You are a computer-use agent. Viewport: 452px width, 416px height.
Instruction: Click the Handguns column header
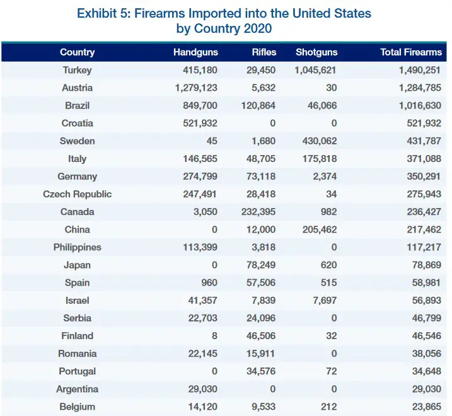point(195,52)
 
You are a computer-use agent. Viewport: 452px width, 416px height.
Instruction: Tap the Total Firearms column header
point(411,52)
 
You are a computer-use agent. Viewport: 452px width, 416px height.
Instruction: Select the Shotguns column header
point(316,52)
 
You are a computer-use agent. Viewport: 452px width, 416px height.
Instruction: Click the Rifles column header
point(264,52)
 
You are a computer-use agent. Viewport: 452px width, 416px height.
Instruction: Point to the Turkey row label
point(78,70)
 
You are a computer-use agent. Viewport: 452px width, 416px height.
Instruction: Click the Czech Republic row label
point(78,194)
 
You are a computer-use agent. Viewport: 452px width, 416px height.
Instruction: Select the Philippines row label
point(78,247)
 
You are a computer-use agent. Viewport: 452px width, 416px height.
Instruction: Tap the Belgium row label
point(78,407)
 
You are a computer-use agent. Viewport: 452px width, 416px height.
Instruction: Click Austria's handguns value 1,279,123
point(196,88)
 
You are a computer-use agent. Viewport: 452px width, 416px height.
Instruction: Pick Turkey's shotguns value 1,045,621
point(315,70)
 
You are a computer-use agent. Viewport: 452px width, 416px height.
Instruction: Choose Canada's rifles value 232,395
point(258,212)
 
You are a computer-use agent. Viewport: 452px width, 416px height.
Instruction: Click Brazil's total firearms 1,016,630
point(420,105)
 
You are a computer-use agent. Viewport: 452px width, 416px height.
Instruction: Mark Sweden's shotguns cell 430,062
point(320,141)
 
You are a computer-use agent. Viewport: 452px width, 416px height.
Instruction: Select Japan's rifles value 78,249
point(261,265)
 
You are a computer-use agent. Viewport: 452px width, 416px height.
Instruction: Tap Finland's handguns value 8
point(214,336)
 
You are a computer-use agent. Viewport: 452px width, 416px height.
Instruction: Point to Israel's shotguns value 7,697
point(325,301)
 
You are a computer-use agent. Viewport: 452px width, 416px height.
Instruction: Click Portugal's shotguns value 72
point(332,371)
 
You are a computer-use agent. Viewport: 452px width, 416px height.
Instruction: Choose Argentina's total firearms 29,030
point(427,389)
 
